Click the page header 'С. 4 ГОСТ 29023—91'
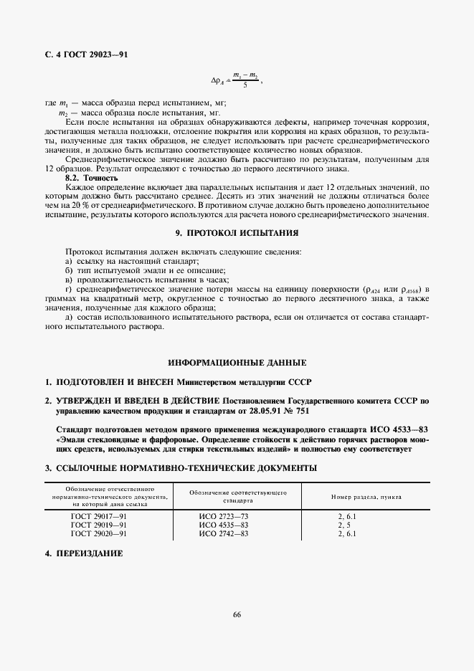click(86, 54)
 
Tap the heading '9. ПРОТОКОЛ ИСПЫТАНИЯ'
click(237, 233)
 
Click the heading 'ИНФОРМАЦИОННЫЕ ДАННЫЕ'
click(237, 362)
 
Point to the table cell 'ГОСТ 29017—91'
click(99, 516)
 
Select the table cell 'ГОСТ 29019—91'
click(99, 525)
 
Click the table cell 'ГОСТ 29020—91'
click(99, 533)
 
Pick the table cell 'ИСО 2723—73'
click(224, 516)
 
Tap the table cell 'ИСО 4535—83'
click(224, 525)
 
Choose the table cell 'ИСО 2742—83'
click(224, 533)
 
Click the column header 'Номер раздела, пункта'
click(366, 496)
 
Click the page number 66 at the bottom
click(237, 613)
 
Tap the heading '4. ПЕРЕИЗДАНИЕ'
click(84, 553)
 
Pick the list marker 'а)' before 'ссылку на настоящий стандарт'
click(69, 262)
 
